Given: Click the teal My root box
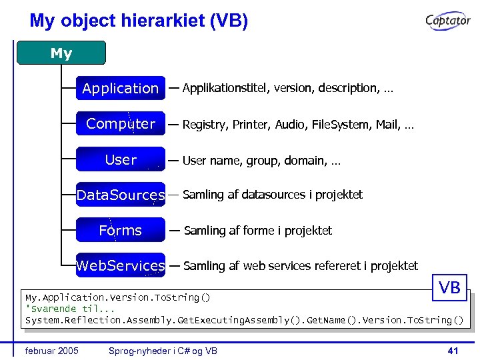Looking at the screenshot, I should [x=61, y=53].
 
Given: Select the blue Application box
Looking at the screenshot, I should [x=121, y=88].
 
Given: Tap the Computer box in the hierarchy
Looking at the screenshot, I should [x=121, y=123].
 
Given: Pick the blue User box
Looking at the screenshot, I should [x=121, y=159].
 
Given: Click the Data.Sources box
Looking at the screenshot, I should [x=121, y=195].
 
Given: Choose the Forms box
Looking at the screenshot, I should [x=121, y=230].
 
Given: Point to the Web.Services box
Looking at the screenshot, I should [x=121, y=265].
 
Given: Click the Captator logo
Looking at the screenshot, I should [x=448, y=22].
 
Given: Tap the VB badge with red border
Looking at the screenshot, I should [x=449, y=287].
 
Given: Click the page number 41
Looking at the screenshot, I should [x=453, y=351].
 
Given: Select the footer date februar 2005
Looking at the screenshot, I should [x=51, y=351].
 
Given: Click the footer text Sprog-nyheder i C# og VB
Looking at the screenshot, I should [x=163, y=351].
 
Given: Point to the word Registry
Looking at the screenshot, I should [x=204, y=125].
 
